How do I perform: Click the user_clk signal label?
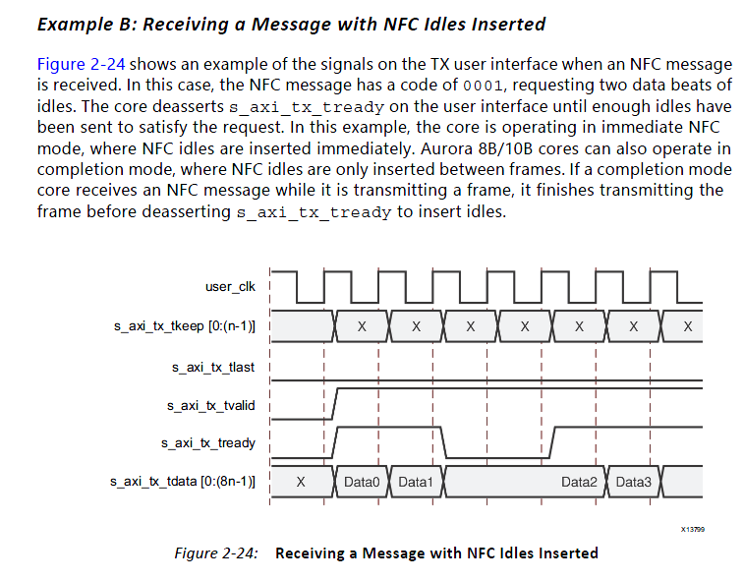230,286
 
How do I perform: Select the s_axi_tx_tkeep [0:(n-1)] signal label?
187,324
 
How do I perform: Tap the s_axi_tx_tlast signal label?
212,367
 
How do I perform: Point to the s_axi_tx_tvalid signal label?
209,404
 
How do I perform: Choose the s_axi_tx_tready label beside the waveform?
207,442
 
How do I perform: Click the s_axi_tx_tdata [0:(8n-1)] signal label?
183,482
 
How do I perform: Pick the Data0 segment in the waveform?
362,482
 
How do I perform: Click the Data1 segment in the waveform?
415,482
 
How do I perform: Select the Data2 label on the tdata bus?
579,482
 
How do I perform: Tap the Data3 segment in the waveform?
633,482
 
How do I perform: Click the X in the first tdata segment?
301,482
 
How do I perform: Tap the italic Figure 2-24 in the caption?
216,552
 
